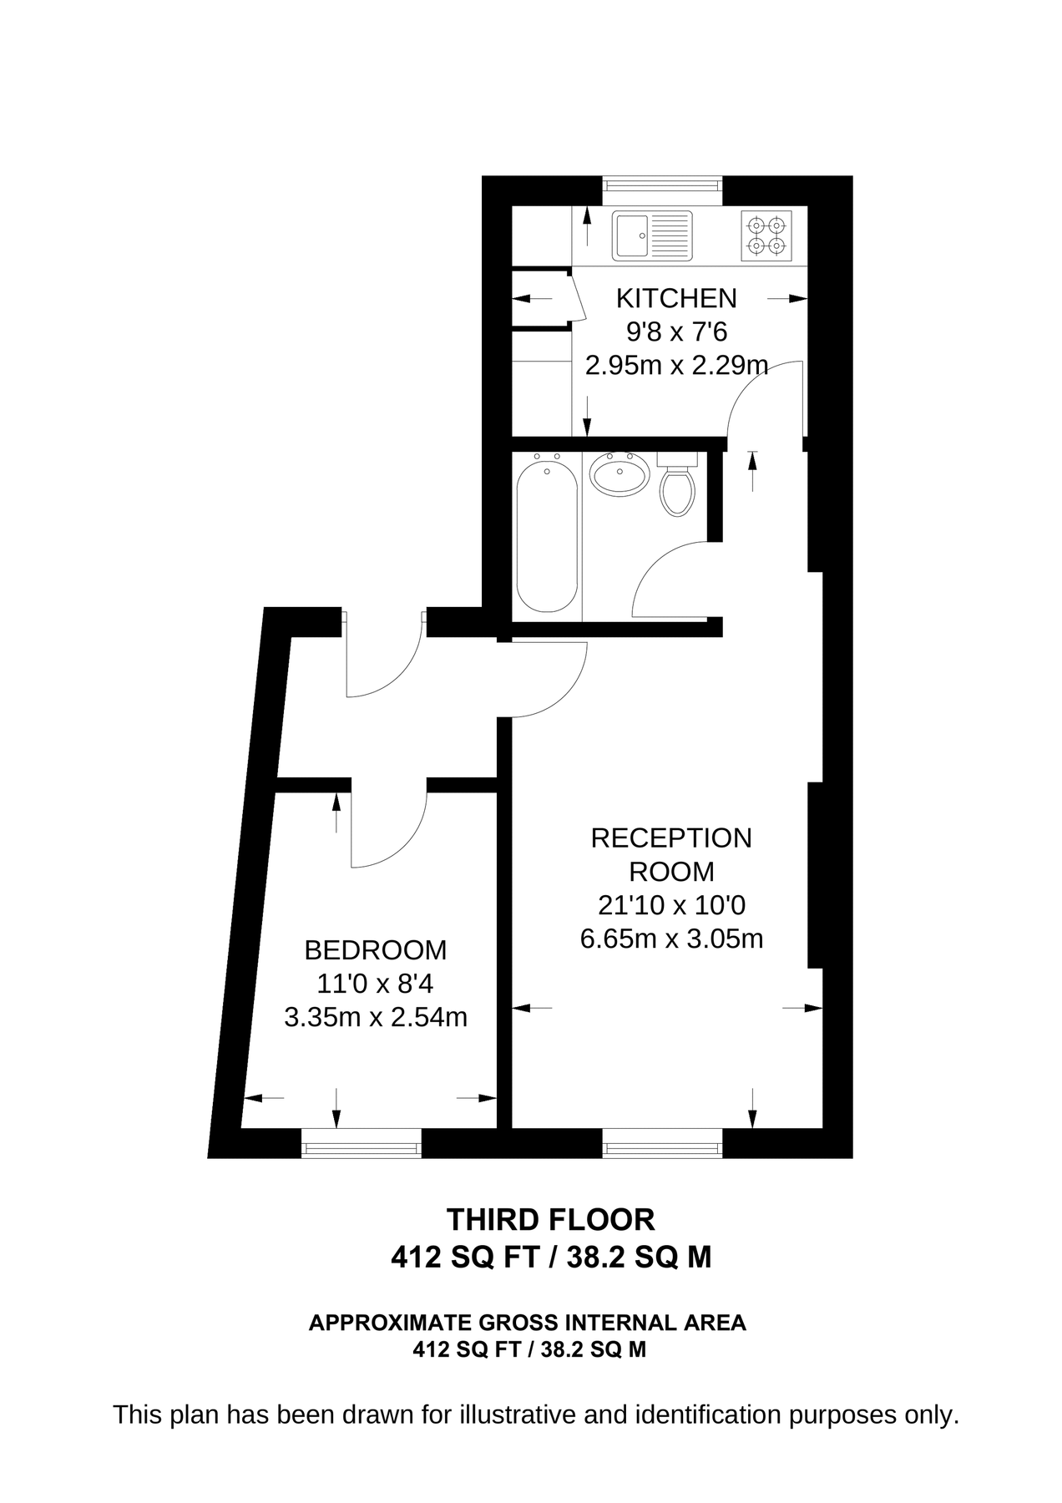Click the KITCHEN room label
click(675, 298)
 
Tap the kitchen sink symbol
click(652, 235)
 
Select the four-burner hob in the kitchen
click(766, 235)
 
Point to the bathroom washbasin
click(619, 476)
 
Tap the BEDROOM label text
click(375, 950)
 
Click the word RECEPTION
click(671, 838)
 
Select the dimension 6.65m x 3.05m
click(671, 939)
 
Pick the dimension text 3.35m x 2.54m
click(375, 1018)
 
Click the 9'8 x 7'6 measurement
click(676, 332)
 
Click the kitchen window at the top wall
click(662, 185)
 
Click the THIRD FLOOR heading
click(551, 1220)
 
